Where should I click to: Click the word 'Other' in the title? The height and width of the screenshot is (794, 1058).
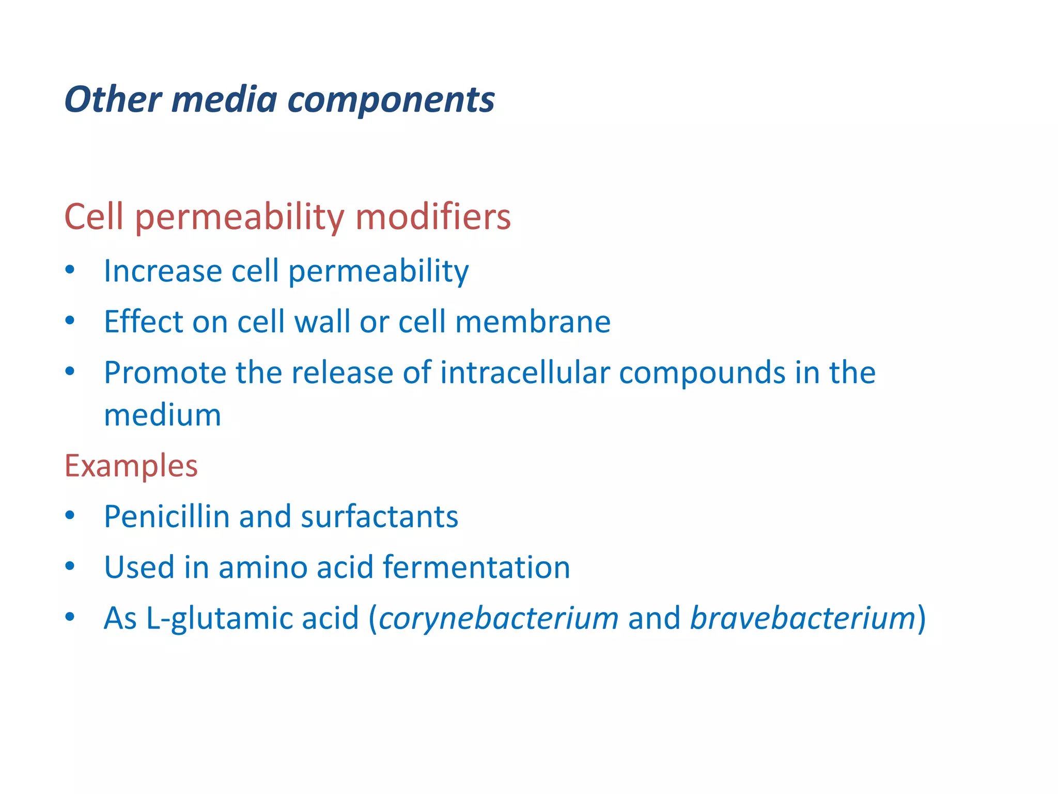[113, 99]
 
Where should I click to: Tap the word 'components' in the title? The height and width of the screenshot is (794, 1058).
[391, 100]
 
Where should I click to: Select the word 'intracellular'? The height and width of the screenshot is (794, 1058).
[524, 372]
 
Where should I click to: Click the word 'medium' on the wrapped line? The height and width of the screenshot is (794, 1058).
[162, 416]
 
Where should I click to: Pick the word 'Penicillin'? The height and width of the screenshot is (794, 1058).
[166, 516]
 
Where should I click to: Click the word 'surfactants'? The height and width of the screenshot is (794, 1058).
[379, 516]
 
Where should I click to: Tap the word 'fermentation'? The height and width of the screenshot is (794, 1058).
[476, 567]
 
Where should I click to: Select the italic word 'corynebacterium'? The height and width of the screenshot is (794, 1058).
[499, 619]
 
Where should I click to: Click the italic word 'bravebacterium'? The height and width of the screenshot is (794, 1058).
[803, 618]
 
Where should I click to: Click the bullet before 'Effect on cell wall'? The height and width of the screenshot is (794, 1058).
[70, 321]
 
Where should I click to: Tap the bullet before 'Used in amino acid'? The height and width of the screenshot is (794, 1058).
[70, 567]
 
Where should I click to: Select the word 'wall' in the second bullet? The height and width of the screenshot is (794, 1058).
[322, 322]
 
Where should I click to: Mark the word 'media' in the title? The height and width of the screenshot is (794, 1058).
[224, 99]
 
